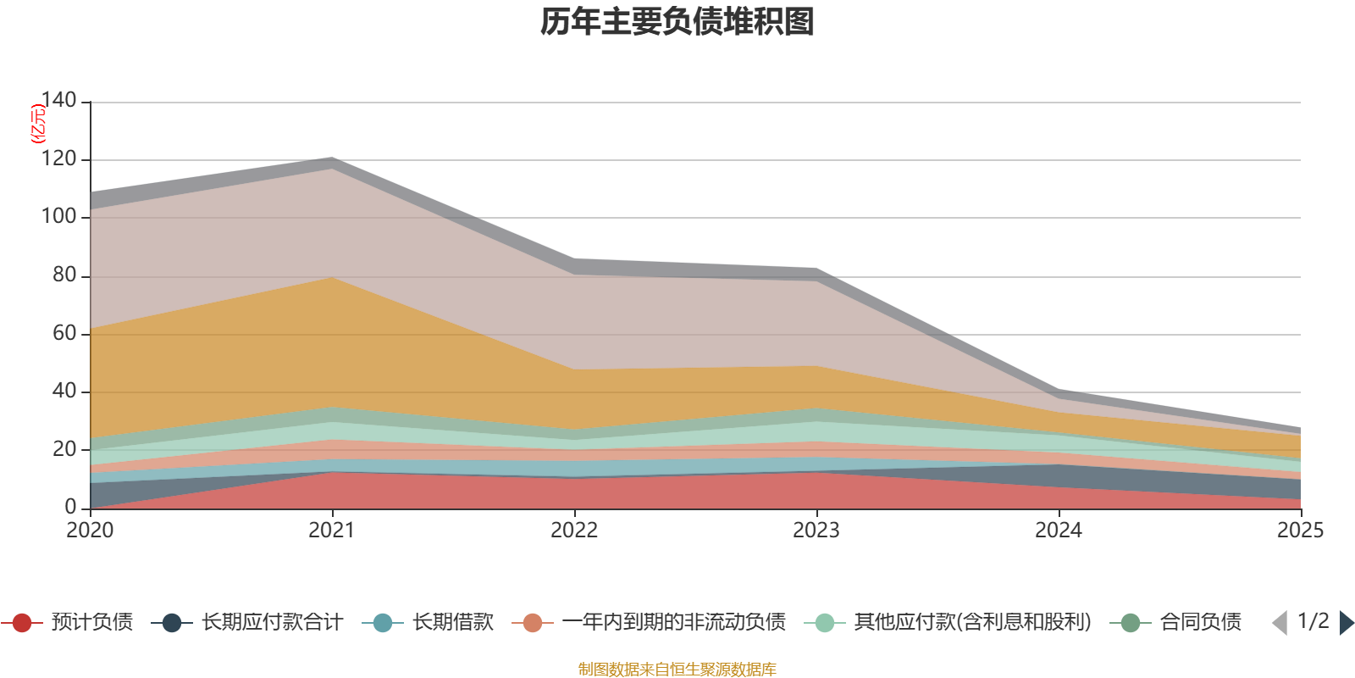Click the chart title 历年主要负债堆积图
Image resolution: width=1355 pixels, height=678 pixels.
pyautogui.click(x=677, y=22)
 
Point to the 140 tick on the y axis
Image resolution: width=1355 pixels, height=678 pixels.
pyautogui.click(x=59, y=101)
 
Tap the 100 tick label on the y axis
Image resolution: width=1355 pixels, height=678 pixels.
pyautogui.click(x=59, y=217)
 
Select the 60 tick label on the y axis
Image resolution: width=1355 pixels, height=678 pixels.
pyautogui.click(x=64, y=333)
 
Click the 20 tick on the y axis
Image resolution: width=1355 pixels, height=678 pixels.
pyautogui.click(x=64, y=449)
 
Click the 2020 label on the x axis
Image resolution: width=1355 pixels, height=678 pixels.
pyautogui.click(x=90, y=531)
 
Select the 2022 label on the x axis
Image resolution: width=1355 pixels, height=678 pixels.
pyautogui.click(x=574, y=531)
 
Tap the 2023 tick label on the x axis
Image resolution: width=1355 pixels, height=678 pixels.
pyautogui.click(x=816, y=531)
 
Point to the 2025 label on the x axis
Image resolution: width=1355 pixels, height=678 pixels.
pyautogui.click(x=1299, y=531)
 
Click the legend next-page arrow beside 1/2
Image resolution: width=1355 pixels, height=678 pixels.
pyautogui.click(x=1347, y=623)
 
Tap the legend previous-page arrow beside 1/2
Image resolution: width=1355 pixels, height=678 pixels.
pyautogui.click(x=1280, y=623)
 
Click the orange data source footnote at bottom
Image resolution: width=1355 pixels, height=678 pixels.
pyautogui.click(x=677, y=670)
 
